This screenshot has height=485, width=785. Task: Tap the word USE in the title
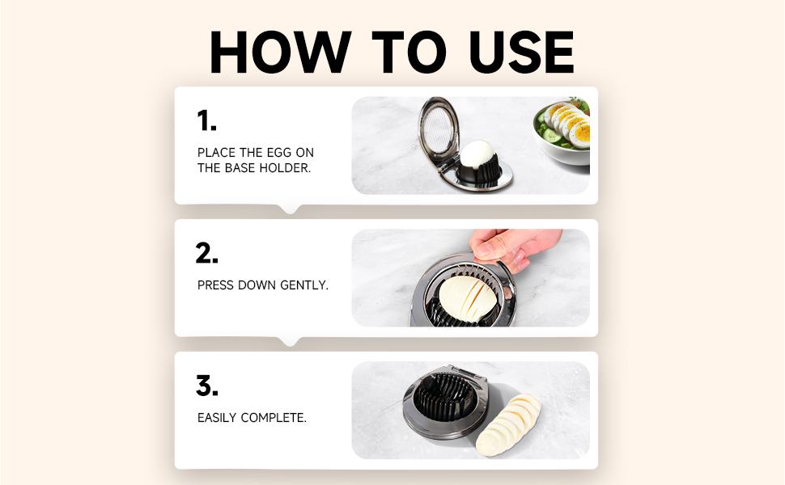521,52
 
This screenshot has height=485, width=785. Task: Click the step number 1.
206,120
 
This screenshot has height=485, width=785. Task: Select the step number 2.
206,253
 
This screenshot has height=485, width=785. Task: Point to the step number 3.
206,386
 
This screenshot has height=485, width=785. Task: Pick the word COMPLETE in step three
274,417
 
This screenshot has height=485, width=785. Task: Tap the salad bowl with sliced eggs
562,131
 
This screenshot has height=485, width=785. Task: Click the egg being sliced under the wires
469,299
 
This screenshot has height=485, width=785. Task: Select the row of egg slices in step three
508,424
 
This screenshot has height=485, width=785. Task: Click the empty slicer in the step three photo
446,402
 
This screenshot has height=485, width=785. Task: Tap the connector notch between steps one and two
290,209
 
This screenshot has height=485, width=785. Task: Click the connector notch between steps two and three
290,341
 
